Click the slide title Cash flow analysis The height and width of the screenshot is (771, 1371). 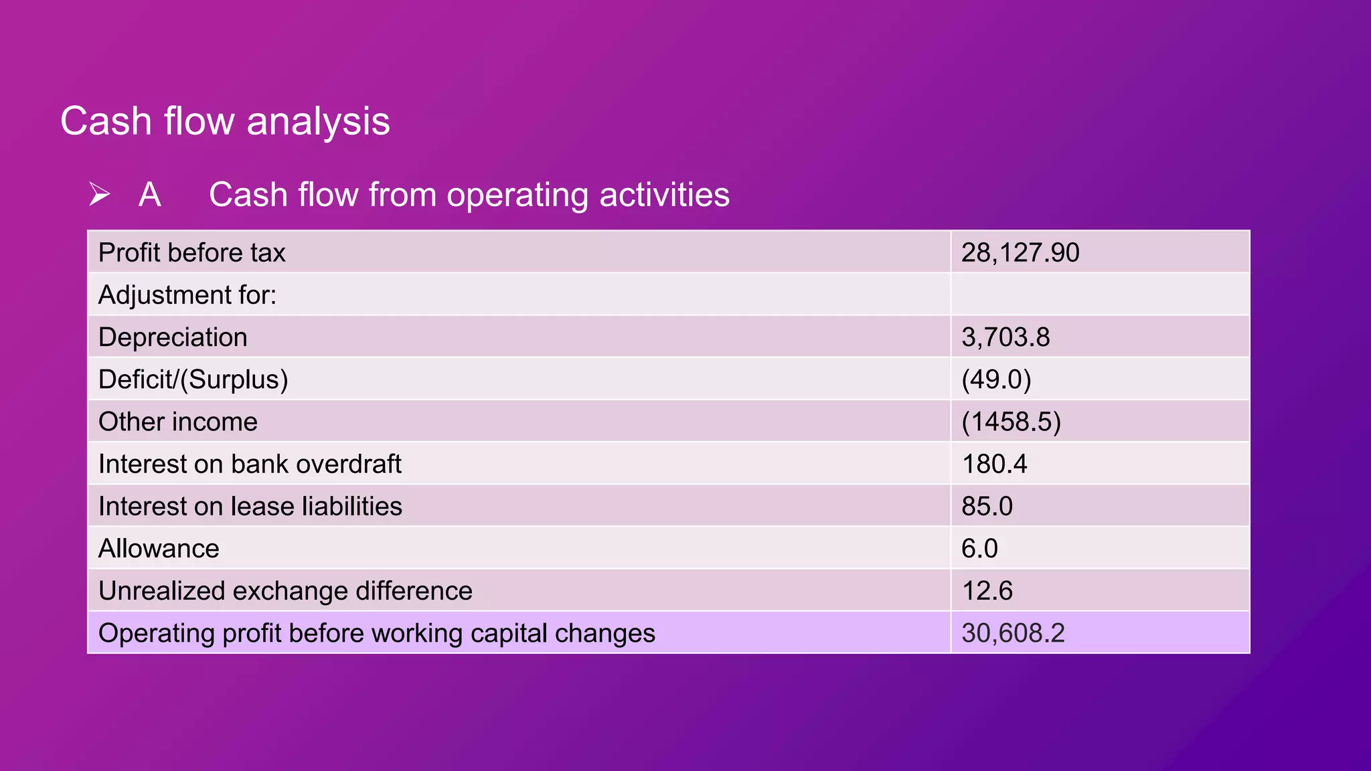coord(225,122)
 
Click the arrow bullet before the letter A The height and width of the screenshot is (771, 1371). coord(100,195)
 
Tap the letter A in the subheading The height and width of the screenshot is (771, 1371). coord(150,195)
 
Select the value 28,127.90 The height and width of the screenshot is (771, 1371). coord(1020,253)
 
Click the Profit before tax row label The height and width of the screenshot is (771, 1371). coord(192,253)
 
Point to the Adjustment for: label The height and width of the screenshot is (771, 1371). coord(187,295)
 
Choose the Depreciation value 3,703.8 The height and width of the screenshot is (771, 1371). coord(1005,337)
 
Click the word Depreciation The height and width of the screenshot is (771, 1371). coord(173,337)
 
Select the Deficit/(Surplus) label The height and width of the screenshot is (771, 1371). coord(193,379)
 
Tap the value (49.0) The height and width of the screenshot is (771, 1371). coord(996,379)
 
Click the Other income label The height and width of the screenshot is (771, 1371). coord(178,422)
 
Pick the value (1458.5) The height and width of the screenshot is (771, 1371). coord(1011,422)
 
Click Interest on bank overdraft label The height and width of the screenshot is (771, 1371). coord(250,464)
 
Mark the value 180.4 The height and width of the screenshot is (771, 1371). coord(994,464)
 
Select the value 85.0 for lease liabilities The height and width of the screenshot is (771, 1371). coord(987,506)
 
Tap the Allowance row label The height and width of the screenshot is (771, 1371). coord(159,549)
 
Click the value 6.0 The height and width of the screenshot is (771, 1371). coord(979,549)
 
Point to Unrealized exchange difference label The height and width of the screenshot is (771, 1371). coord(285,591)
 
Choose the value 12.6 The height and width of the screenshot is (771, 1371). coord(987,591)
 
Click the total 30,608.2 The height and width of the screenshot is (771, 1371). coord(1013,633)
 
